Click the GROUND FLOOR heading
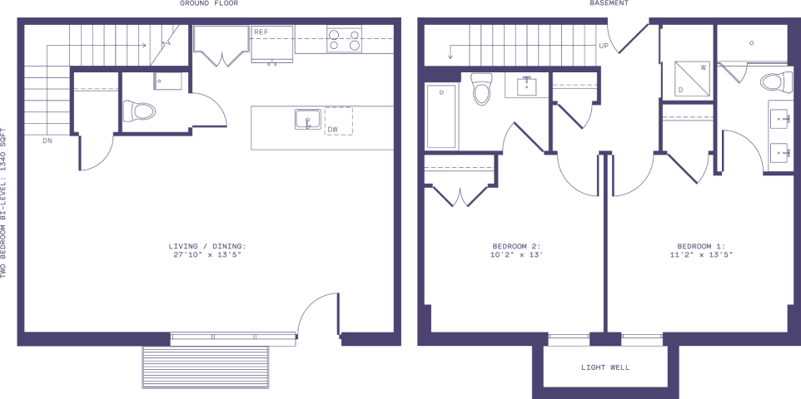point(209,3)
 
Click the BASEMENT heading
point(609,3)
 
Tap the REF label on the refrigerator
point(261,32)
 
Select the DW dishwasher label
point(332,129)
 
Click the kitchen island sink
point(308,120)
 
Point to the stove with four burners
point(345,39)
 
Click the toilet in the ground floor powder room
point(139,111)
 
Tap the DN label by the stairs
point(48,140)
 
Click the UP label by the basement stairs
point(604,46)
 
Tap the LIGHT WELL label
point(605,367)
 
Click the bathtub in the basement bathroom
point(440,116)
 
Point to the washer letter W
point(704,66)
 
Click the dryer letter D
point(680,90)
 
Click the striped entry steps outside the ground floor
point(206,367)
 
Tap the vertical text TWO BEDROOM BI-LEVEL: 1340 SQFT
point(3,203)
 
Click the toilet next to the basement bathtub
point(482,89)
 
